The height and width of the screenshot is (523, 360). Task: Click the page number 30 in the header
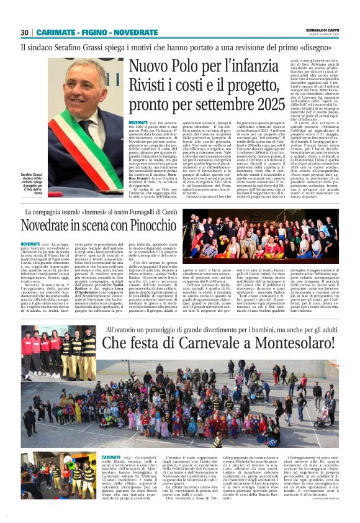(x=25, y=32)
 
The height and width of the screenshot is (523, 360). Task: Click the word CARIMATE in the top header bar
(x=55, y=32)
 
